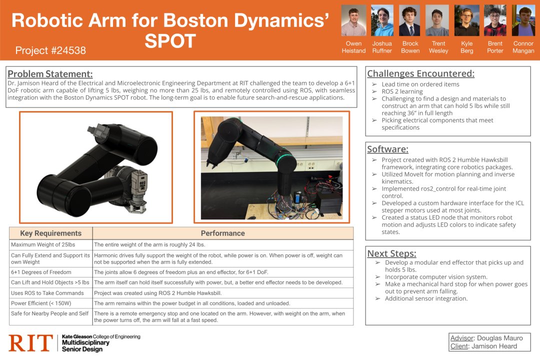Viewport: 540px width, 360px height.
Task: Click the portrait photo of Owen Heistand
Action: point(353,20)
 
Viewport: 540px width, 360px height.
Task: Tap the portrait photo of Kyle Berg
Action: point(466,20)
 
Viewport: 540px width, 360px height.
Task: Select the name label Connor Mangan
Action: point(523,47)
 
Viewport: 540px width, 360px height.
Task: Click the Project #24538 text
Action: point(50,50)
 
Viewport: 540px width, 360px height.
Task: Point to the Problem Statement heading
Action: point(50,74)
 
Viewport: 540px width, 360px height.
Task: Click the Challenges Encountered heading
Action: point(420,73)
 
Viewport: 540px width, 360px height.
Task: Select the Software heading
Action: point(387,149)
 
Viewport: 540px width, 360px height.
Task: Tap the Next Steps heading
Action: point(391,253)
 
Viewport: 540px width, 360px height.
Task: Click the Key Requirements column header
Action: point(50,233)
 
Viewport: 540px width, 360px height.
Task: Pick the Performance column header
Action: point(222,233)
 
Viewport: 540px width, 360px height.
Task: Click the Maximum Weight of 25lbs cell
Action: point(43,244)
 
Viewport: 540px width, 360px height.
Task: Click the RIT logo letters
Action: point(30,343)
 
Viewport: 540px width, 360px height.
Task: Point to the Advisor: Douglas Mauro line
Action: point(483,338)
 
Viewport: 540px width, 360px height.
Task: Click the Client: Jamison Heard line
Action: point(483,346)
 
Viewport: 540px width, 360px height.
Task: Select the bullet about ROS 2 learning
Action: point(402,91)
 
